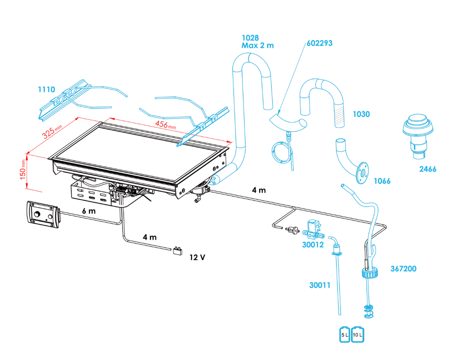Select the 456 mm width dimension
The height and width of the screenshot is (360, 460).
point(165,124)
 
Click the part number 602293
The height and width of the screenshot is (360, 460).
point(319,44)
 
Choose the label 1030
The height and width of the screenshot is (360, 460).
point(361,114)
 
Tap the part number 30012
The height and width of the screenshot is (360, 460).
point(313,245)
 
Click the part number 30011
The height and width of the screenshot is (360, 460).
point(319,284)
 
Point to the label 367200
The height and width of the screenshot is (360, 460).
point(403,269)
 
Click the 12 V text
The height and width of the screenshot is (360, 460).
point(198,257)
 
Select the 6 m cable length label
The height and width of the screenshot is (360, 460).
point(89,211)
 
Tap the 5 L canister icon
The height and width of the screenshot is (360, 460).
point(345,335)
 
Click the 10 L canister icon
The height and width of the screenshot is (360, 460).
point(358,335)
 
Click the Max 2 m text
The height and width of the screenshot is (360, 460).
point(257,45)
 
